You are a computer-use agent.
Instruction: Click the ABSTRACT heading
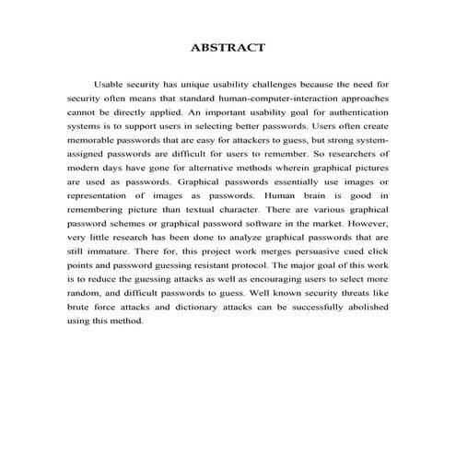pos(228,46)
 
